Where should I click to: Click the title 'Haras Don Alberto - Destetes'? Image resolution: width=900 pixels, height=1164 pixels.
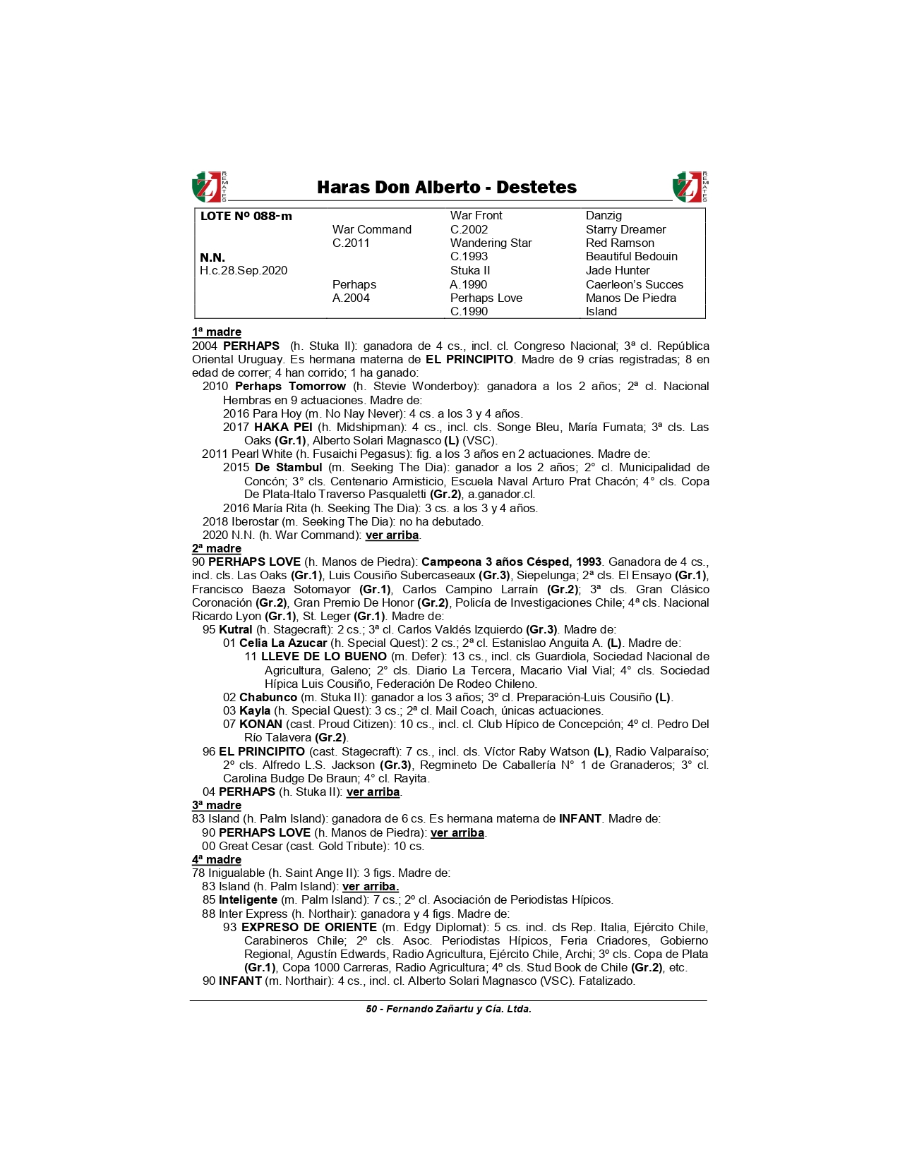[x=446, y=188]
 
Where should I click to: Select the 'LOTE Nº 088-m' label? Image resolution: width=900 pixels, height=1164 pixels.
[x=246, y=217]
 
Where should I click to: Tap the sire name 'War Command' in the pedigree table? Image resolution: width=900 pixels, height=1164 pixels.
[x=371, y=229]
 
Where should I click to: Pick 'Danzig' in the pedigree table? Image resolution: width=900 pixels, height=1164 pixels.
[x=604, y=216]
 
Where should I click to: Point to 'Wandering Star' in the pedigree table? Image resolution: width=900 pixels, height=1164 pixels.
[x=491, y=243]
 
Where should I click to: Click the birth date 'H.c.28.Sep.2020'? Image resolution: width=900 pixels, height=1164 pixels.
[x=243, y=271]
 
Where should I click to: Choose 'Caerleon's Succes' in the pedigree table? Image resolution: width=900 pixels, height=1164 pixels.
[x=634, y=284]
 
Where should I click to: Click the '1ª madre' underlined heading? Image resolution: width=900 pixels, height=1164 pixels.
[x=217, y=332]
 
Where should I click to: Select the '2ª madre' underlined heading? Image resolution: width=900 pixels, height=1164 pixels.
[x=217, y=549]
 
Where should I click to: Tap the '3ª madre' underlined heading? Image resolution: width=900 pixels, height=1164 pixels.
[x=217, y=806]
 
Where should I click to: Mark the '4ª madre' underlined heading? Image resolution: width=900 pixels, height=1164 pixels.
[x=217, y=860]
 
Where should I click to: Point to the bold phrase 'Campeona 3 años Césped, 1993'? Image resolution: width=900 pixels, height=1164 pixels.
[x=511, y=562]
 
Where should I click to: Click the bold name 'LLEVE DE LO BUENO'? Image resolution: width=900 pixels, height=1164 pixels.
[x=323, y=657]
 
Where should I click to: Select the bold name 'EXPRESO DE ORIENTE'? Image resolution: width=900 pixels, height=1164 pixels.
[x=308, y=928]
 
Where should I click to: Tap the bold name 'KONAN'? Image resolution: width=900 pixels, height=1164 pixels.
[x=260, y=725]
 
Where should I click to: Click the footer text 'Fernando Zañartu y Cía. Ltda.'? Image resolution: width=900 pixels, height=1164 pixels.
[x=458, y=1010]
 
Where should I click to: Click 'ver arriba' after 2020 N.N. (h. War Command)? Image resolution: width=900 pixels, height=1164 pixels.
[x=392, y=535]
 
